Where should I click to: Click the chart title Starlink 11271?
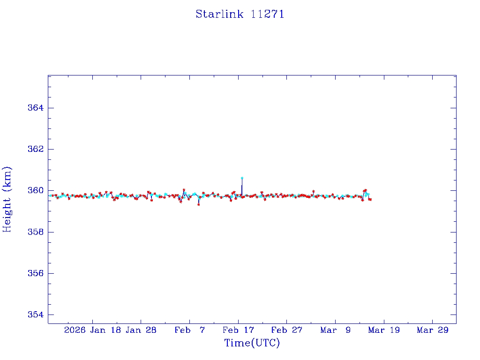click(240, 14)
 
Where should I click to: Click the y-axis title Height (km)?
click(7, 199)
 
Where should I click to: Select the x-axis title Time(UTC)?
click(252, 343)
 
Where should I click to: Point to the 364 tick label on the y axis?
click(35, 108)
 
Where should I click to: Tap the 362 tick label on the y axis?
click(35, 149)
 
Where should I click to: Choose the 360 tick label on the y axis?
click(35, 190)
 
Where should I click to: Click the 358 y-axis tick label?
click(35, 232)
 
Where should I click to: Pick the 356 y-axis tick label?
click(35, 273)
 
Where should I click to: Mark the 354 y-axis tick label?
click(35, 315)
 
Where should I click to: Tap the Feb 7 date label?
click(189, 330)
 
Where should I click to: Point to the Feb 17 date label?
click(238, 330)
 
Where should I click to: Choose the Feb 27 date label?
click(287, 330)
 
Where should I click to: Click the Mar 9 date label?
click(335, 330)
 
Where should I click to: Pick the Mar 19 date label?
click(384, 330)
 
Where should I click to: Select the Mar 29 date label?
click(433, 330)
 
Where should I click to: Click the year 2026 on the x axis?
click(75, 330)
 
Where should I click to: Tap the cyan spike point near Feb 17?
click(242, 178)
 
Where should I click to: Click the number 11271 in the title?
click(268, 14)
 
